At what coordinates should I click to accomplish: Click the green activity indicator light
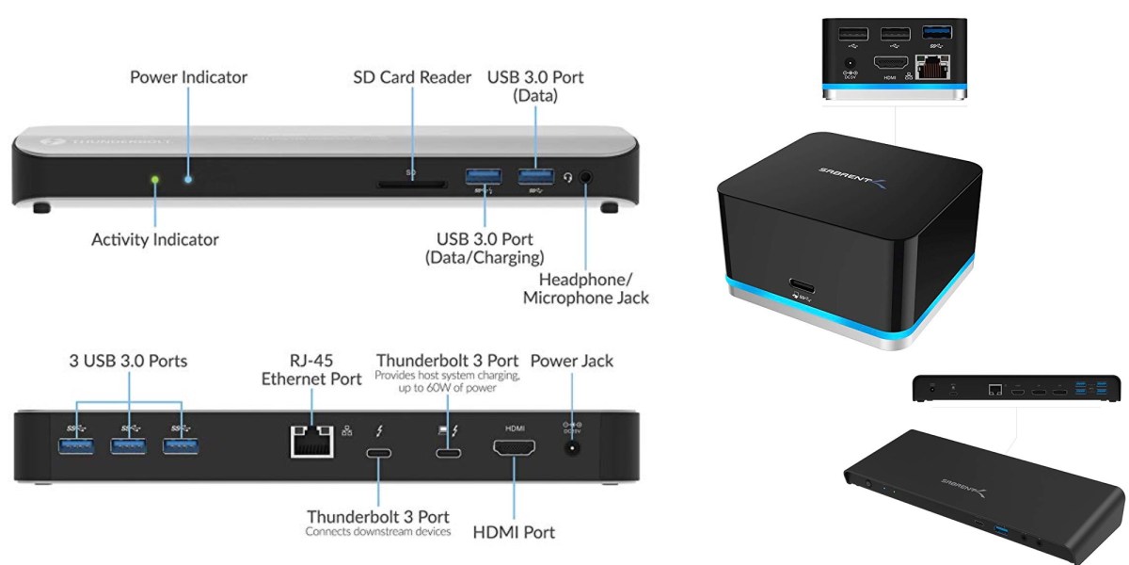[156, 177]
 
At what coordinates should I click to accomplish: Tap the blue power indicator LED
[188, 177]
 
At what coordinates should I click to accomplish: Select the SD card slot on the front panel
[411, 185]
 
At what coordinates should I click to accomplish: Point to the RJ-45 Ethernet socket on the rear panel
[313, 438]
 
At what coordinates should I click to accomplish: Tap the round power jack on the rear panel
[570, 449]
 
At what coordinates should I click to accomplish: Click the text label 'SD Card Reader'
[412, 77]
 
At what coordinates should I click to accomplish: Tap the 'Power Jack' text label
[571, 361]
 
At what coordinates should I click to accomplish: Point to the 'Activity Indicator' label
[155, 239]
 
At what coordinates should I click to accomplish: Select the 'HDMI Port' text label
[515, 532]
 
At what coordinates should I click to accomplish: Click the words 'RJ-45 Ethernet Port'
[311, 370]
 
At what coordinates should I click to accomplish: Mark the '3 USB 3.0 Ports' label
[128, 361]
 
